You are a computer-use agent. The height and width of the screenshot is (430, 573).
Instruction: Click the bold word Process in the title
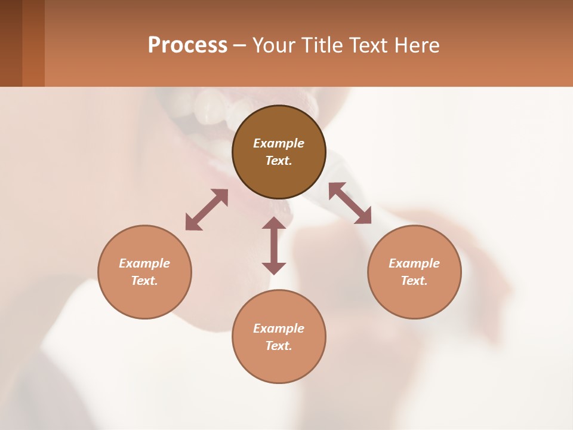tap(187, 45)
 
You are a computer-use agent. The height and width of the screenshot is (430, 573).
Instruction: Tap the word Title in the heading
tap(321, 45)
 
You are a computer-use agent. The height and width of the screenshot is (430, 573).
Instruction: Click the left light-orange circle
tap(144, 299)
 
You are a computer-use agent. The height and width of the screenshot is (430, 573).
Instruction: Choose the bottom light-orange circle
tap(279, 364)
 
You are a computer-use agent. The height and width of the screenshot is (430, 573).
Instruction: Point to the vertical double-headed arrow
tap(274, 245)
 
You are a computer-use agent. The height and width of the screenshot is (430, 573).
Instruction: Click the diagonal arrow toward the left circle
tap(207, 210)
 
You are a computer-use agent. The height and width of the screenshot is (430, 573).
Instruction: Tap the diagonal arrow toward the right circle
tap(350, 203)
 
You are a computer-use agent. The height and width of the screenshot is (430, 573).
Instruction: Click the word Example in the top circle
tap(279, 143)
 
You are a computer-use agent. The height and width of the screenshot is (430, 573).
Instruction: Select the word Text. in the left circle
tap(144, 281)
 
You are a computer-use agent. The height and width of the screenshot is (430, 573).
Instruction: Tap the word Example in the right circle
tap(414, 263)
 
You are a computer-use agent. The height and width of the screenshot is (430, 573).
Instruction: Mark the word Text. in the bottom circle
tap(279, 346)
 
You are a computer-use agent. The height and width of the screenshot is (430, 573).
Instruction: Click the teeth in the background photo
tap(209, 107)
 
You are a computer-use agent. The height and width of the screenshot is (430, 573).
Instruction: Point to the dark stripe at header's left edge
tap(11, 43)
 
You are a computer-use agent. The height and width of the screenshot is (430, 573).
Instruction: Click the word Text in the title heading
tap(365, 45)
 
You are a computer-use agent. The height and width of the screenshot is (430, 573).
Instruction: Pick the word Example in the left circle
tap(144, 263)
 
